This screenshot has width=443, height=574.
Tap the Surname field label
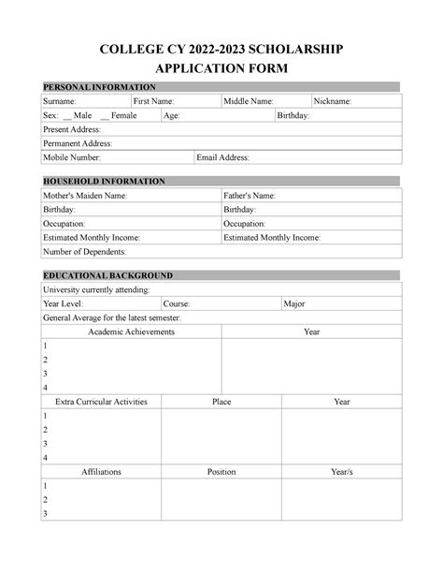[61, 101]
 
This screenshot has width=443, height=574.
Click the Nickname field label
[333, 101]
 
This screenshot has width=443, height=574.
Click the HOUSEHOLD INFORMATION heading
[105, 181]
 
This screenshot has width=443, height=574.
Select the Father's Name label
[250, 196]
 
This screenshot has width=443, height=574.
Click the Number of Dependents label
[85, 252]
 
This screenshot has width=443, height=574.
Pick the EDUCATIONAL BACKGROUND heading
[108, 275]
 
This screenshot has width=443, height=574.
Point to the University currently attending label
[96, 290]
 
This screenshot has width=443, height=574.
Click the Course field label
[177, 304]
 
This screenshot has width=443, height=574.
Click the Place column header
[221, 402]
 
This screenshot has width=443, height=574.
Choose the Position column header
[221, 472]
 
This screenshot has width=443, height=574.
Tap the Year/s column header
[342, 472]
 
